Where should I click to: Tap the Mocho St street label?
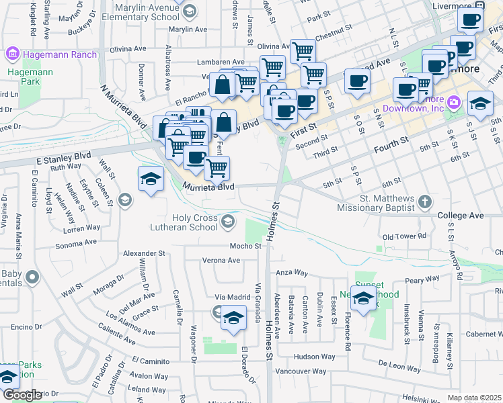[245, 247]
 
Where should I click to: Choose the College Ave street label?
[461, 216]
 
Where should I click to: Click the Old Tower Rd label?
[404, 236]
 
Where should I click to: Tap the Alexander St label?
[144, 253]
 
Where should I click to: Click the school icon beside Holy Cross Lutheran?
[229, 221]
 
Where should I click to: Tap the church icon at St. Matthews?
[424, 201]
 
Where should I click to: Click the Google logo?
[22, 395]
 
